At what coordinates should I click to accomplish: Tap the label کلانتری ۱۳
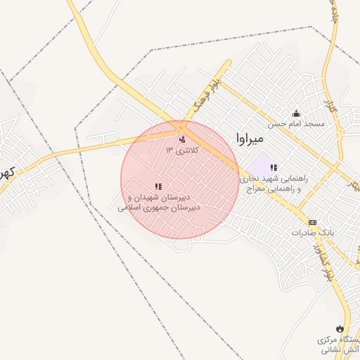pos(182,150)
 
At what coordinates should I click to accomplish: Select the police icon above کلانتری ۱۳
pos(183,139)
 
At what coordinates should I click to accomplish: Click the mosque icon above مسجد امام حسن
pos(296,113)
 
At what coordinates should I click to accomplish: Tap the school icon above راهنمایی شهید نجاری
pos(274,167)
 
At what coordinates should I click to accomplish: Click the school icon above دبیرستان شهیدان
pos(158,186)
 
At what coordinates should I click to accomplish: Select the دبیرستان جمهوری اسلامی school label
pos(159,207)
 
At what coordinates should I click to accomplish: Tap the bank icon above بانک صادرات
pos(312,221)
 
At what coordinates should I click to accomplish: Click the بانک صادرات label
pos(310,232)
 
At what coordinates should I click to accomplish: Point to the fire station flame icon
pos(340,328)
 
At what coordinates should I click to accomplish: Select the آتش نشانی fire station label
pos(340,345)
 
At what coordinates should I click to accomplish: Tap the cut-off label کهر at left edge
pos(6,172)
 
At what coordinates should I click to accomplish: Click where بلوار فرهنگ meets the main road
pos(184,124)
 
